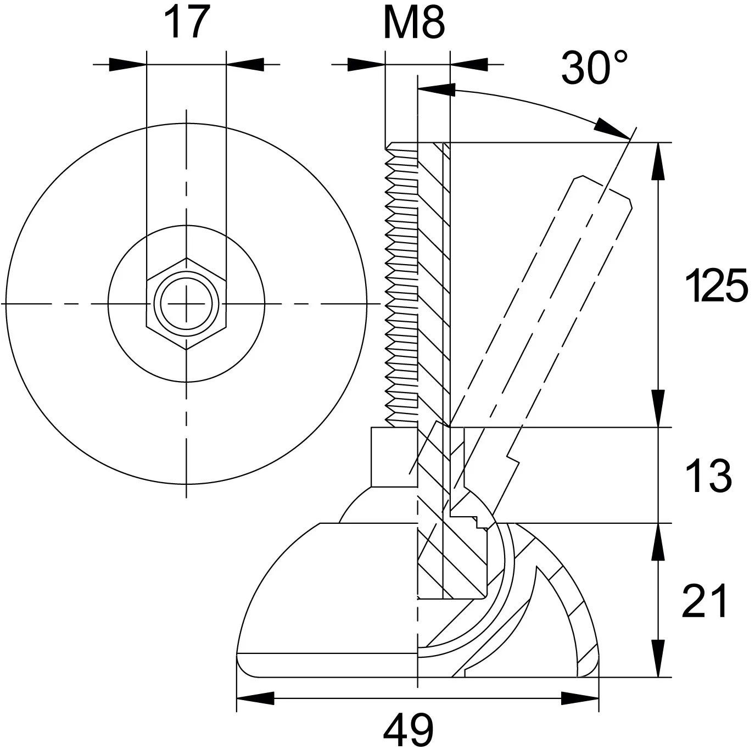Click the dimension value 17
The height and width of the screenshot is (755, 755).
pos(187,23)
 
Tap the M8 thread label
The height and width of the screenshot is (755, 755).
pos(414,23)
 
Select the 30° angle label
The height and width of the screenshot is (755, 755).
pos(595,68)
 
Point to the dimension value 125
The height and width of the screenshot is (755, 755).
pos(717,286)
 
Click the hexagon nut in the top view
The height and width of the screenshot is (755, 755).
pos(187,304)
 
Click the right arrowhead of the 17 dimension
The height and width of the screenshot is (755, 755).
pos(245,65)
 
